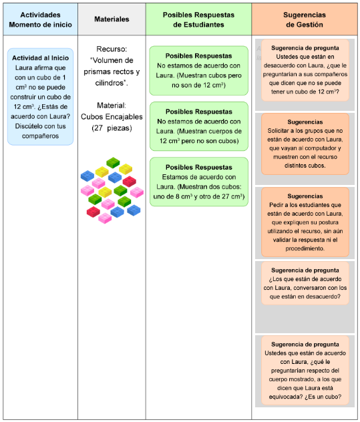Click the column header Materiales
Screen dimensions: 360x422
(112, 19)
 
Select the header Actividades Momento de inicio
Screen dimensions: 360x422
(40, 19)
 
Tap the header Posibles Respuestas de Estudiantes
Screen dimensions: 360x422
(198, 19)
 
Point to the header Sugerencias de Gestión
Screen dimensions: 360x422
(305, 19)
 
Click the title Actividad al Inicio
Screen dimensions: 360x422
(40, 58)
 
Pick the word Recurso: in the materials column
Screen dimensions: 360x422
(112, 49)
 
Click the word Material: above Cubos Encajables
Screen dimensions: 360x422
(112, 105)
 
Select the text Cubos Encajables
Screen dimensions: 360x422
(112, 117)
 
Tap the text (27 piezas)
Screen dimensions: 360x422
(112, 128)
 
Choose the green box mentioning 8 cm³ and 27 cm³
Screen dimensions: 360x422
(199, 182)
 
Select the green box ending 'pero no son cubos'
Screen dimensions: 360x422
(199, 126)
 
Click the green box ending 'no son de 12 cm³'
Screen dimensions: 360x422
(199, 71)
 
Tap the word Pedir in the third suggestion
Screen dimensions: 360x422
(276, 205)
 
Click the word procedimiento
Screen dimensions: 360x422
(305, 248)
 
